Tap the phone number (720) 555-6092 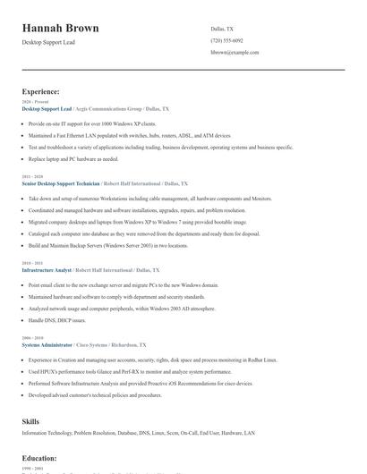click(226, 40)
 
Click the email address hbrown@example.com click(235, 53)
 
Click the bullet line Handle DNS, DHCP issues click(57, 319)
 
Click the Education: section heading click(40, 458)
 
